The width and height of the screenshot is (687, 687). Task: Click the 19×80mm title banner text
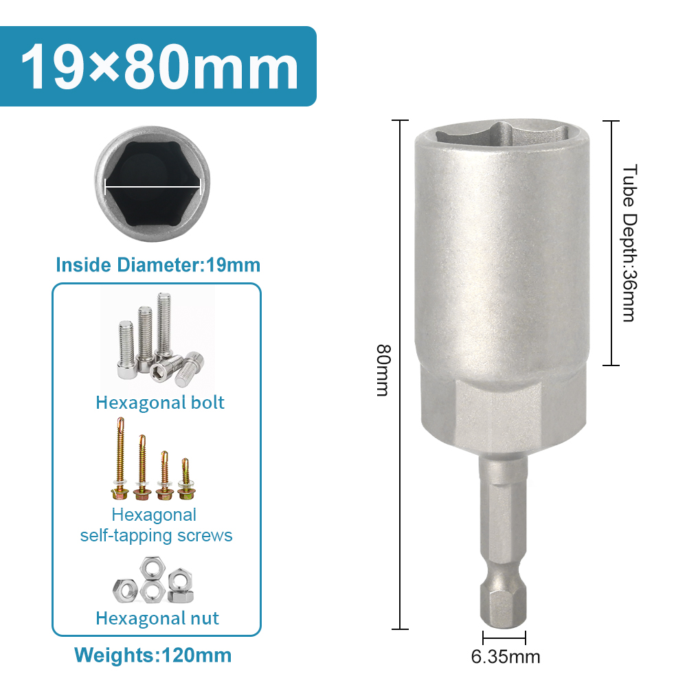point(159,67)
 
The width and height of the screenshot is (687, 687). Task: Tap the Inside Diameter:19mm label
point(158,265)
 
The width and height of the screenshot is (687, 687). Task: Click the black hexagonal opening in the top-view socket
point(153,183)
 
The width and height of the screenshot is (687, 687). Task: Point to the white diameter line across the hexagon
point(153,187)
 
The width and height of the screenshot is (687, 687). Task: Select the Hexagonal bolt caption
point(160,402)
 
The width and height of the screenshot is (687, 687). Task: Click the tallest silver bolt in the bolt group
point(164,327)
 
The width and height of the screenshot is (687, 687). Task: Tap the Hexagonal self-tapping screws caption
point(156,525)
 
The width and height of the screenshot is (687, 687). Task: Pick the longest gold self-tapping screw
point(120,458)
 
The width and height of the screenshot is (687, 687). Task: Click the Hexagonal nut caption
point(157,618)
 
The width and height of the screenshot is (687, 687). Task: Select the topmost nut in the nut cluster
point(152,568)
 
